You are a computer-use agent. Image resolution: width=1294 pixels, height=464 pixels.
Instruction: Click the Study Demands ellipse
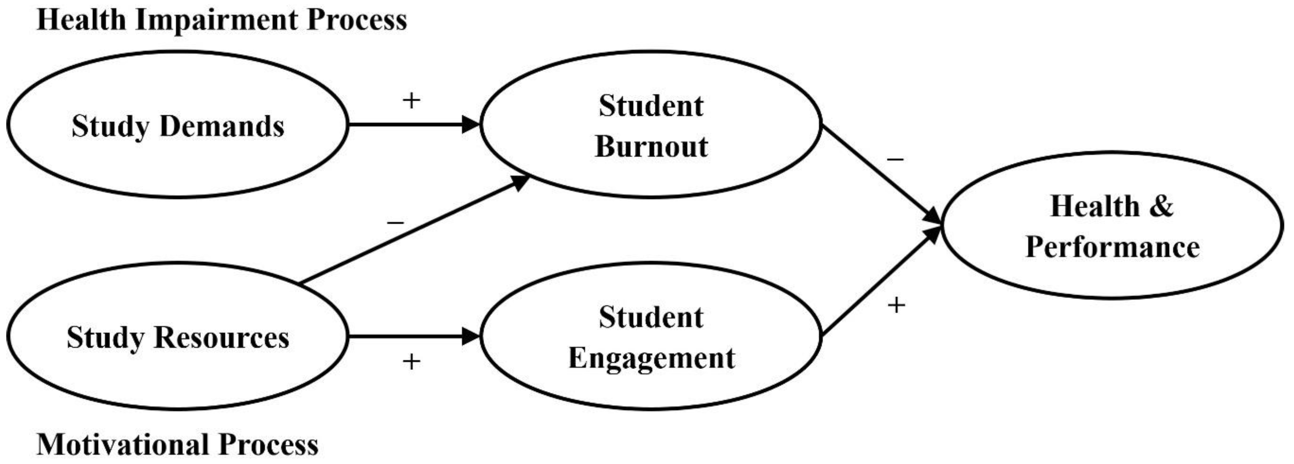tap(177, 125)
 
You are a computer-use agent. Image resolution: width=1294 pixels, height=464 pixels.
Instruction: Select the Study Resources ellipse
tap(177, 336)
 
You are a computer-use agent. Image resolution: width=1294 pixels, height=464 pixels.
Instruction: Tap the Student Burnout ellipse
tap(651, 125)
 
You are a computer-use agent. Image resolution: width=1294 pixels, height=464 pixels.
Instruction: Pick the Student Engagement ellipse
tap(651, 336)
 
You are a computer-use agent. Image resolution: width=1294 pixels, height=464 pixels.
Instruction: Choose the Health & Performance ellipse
tap(1112, 226)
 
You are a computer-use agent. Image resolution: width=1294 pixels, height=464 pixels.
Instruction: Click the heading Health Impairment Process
tap(221, 20)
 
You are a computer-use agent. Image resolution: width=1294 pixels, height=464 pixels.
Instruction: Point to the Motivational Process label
tap(177, 445)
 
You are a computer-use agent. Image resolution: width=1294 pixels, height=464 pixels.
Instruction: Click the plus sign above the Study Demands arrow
tap(411, 100)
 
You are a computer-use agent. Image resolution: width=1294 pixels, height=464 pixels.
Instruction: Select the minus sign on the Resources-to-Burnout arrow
tap(395, 222)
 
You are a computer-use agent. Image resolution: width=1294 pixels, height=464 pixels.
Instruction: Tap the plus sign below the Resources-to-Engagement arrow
tap(411, 361)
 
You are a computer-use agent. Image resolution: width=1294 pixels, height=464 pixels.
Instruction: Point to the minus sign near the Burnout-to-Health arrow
tap(895, 159)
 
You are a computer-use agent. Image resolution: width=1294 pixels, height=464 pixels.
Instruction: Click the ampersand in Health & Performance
tap(1160, 206)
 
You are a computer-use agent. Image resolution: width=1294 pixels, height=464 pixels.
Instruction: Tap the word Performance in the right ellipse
tap(1112, 247)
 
